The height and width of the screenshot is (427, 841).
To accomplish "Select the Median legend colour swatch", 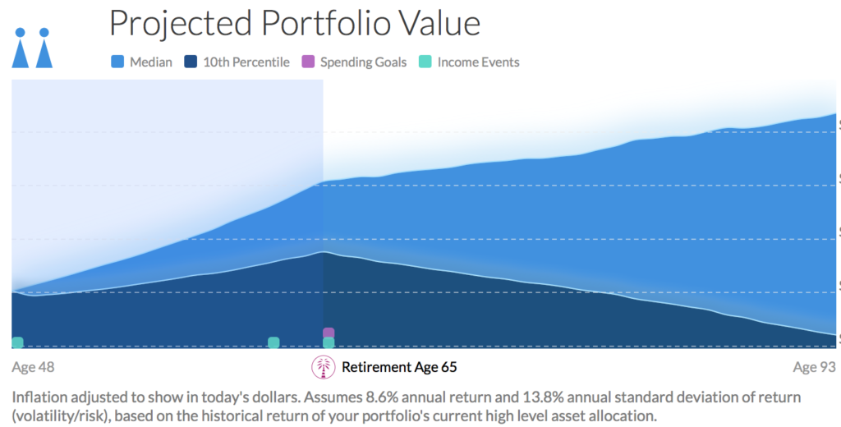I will pos(117,62).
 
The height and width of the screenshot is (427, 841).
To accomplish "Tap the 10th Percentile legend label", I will pos(246,62).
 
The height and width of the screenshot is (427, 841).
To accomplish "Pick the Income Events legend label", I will pos(478,62).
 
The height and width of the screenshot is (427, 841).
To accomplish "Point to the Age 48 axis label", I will pos(34,367).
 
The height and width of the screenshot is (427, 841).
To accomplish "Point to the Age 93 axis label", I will pos(814,367).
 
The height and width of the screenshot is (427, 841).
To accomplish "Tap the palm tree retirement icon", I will pos(324,367).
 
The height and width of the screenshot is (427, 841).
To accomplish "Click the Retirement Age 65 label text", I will pos(399,367).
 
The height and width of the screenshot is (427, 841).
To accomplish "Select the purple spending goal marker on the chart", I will pos(329,333).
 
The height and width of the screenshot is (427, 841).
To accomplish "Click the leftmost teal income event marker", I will pos(17,342).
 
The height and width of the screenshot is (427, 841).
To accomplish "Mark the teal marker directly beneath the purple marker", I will pos(329,342).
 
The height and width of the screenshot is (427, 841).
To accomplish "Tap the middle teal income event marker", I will pos(274,342).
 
